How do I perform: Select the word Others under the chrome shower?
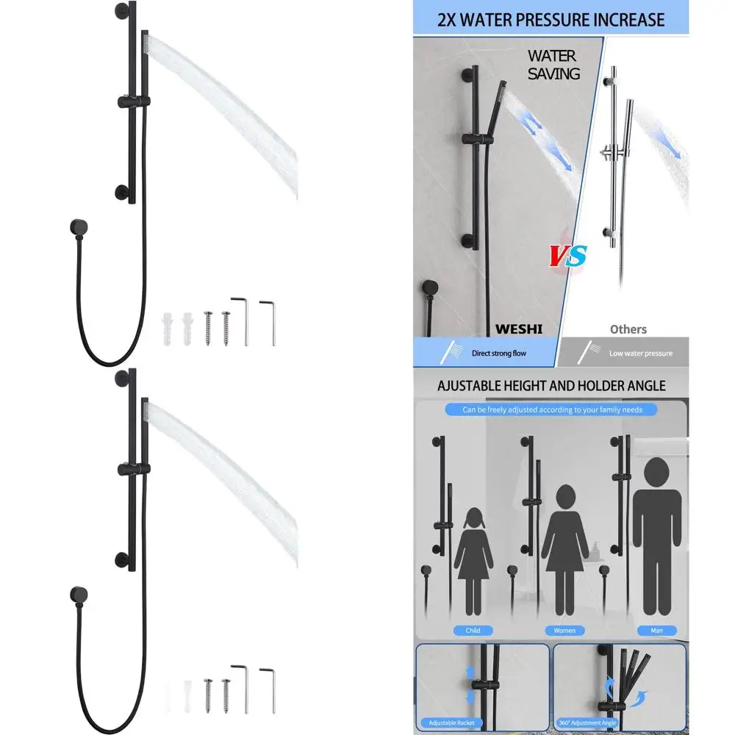(628, 329)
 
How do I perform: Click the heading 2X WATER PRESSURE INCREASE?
(551, 19)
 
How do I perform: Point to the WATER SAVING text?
(553, 65)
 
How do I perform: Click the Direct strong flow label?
(499, 354)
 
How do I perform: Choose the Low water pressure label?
(640, 354)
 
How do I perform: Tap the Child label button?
(473, 631)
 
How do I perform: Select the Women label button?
(564, 631)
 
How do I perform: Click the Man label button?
(656, 631)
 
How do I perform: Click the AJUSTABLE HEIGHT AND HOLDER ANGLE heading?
(551, 385)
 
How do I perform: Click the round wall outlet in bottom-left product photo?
(76, 593)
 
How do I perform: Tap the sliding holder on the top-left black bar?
(133, 100)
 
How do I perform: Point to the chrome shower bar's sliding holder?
(611, 154)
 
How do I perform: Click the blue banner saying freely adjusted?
(552, 410)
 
